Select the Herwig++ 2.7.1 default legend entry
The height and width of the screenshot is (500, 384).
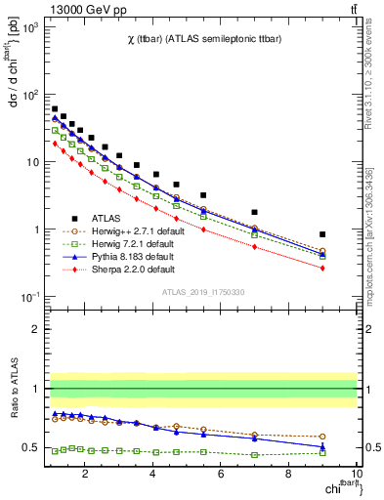point(134,230)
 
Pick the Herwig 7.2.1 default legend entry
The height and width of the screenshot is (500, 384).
point(131,243)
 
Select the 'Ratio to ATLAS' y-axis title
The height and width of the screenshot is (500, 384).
point(13,389)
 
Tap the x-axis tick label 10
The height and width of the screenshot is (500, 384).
point(356,474)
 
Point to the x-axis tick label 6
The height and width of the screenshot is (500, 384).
point(221,474)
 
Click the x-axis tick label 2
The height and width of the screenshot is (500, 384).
point(86,474)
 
